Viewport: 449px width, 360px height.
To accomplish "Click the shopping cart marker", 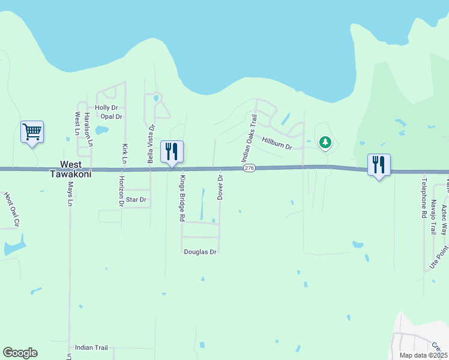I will pyautogui.click(x=32, y=131).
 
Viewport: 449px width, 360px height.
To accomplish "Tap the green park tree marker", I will pyautogui.click(x=325, y=142).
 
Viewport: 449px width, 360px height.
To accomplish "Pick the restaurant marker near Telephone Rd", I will pyautogui.click(x=379, y=164).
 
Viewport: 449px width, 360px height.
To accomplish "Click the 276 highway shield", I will pyautogui.click(x=250, y=169).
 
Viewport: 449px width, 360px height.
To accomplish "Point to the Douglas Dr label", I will pyautogui.click(x=200, y=252).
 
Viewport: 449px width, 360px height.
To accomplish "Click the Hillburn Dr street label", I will pyautogui.click(x=277, y=143).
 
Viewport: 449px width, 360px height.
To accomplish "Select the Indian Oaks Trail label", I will pyautogui.click(x=249, y=138).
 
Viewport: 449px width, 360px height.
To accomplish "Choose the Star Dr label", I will pyautogui.click(x=136, y=199).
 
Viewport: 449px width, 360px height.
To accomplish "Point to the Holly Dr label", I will pyautogui.click(x=106, y=108).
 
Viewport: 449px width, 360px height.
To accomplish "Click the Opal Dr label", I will pyautogui.click(x=111, y=116).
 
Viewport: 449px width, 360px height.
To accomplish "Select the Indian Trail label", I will pyautogui.click(x=91, y=347).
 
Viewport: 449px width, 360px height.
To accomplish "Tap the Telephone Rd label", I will pyautogui.click(x=423, y=197).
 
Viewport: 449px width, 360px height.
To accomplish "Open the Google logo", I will pyautogui.click(x=20, y=353).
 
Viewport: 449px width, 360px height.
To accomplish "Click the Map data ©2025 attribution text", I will pyautogui.click(x=423, y=355).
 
